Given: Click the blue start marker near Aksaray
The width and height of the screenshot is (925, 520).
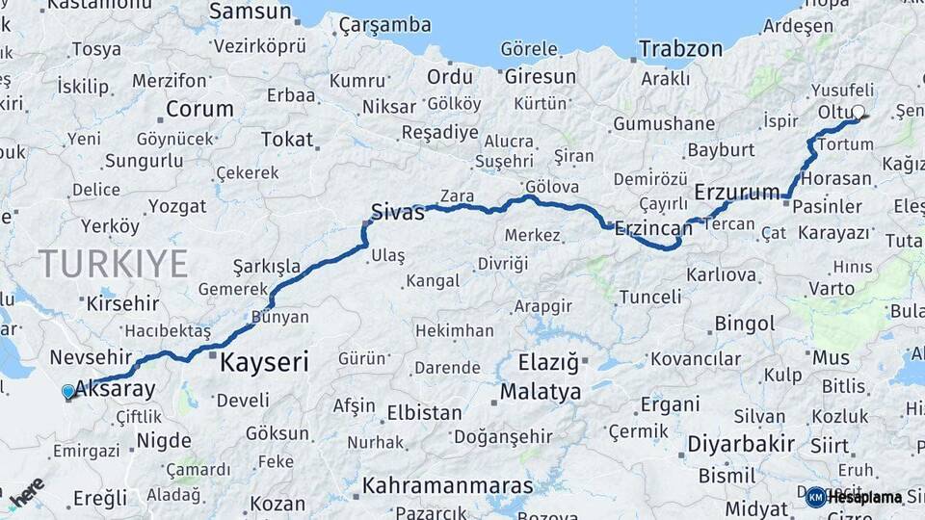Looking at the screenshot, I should tap(67, 392).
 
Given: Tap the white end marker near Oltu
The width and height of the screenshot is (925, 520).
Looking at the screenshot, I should tap(858, 112).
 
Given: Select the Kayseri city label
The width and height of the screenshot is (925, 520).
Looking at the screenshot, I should tap(264, 362).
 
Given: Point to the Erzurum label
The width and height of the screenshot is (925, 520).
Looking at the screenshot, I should tap(737, 192).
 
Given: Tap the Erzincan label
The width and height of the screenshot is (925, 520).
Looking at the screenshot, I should tap(654, 228).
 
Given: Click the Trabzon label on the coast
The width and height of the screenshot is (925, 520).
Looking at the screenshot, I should tap(680, 48).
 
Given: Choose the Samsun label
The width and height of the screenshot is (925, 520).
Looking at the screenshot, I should tap(250, 12).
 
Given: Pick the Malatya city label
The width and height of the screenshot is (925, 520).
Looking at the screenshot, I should tap(541, 392).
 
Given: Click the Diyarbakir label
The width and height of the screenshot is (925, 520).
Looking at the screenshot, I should tap(741, 444).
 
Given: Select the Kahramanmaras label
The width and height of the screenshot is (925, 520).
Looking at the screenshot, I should tap(448, 484).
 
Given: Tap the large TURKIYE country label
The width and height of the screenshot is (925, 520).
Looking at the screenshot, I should tap(113, 263).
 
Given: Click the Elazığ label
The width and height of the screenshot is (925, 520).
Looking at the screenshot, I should tap(548, 363).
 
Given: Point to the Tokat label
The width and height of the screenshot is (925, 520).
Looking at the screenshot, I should tap(287, 140).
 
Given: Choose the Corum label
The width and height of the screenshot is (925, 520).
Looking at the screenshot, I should tap(199, 109).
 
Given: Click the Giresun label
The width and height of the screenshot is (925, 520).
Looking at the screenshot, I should tap(540, 76).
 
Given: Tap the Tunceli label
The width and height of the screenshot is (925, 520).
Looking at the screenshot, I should tap(649, 297).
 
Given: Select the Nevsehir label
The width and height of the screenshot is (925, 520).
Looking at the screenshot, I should tap(90, 357).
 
